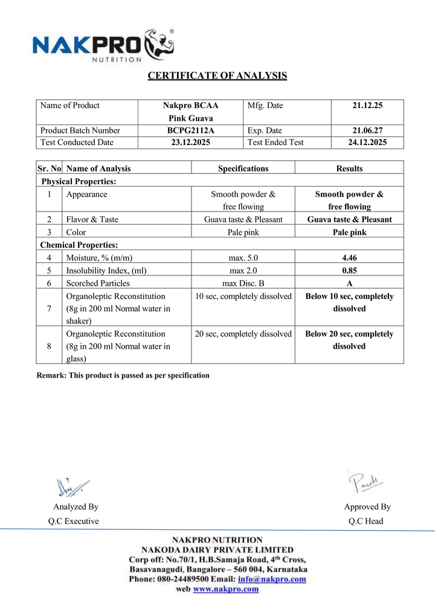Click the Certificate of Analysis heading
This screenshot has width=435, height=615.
click(x=217, y=76)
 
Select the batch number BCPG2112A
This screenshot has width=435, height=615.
click(x=190, y=130)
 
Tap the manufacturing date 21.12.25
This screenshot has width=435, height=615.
click(x=367, y=106)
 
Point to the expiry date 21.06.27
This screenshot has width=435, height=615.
click(x=367, y=130)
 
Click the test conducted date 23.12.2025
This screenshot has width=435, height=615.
click(x=190, y=143)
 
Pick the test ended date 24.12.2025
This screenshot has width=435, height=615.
click(x=367, y=143)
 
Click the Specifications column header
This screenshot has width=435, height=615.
click(x=243, y=169)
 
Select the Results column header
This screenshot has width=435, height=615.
click(x=349, y=169)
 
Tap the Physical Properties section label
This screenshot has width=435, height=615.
click(x=79, y=181)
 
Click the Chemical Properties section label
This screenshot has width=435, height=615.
click(x=79, y=245)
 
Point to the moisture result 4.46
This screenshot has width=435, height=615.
click(x=349, y=258)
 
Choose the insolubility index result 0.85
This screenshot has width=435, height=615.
click(x=349, y=270)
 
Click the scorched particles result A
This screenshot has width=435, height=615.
click(x=349, y=283)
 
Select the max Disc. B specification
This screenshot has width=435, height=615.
click(x=243, y=283)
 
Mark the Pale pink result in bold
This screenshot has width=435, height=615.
click(x=349, y=232)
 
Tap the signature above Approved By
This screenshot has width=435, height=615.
click(x=366, y=482)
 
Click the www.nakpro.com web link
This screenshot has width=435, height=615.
click(x=225, y=590)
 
